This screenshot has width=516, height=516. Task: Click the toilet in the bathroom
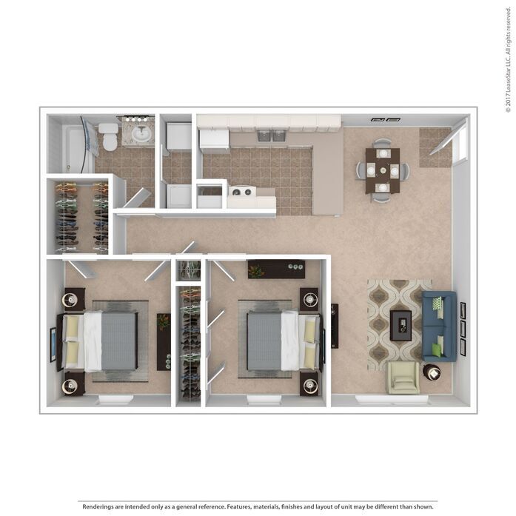click(x=108, y=136)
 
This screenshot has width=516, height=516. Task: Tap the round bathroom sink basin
click(x=141, y=133)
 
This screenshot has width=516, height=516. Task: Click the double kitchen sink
click(x=272, y=135)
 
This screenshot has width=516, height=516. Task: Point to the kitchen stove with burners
click(x=242, y=192)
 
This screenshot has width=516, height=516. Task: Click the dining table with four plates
click(x=383, y=170)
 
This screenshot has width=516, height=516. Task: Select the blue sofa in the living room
click(x=439, y=326)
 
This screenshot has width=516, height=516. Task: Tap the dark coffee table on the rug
click(x=401, y=325)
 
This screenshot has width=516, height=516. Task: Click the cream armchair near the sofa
click(x=402, y=378)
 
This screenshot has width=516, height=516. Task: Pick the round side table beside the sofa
click(x=432, y=372)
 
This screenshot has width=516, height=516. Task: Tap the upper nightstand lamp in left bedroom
click(x=70, y=299)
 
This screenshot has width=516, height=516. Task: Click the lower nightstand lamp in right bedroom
click(x=310, y=386)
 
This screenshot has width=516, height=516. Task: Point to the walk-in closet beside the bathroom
click(x=81, y=217)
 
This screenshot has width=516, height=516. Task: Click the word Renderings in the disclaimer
click(x=98, y=506)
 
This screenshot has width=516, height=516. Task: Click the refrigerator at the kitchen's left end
click(x=215, y=141)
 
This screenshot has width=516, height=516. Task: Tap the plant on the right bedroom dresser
click(x=256, y=271)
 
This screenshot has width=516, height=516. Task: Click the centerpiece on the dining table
click(x=383, y=170)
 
